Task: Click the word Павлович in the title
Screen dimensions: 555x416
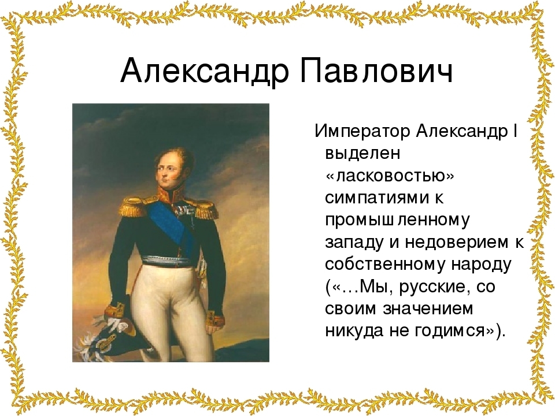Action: [x=376, y=69]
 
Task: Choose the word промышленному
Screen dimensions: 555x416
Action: [x=398, y=220]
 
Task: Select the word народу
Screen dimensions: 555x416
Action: [x=482, y=265]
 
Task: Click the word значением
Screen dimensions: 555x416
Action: [x=428, y=309]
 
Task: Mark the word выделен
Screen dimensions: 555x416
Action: [x=362, y=154]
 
